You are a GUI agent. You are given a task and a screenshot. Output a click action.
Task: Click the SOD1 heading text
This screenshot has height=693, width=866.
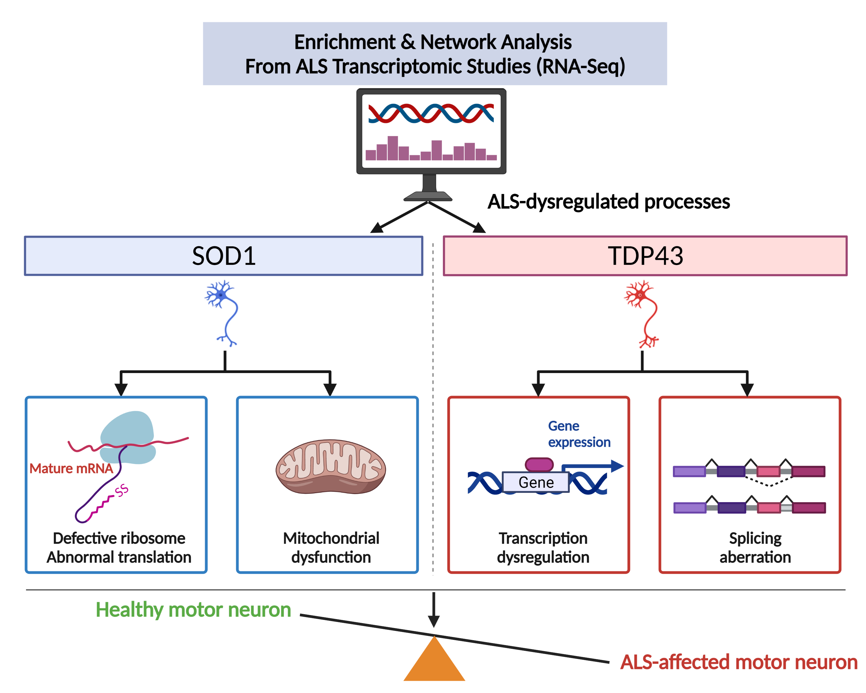point(223,256)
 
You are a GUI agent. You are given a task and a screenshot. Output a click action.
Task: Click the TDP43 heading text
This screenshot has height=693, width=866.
point(645,256)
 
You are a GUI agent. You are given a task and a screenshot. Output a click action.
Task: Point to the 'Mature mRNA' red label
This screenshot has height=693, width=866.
point(71,468)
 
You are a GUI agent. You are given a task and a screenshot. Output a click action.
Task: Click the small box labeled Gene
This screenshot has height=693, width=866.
point(536,482)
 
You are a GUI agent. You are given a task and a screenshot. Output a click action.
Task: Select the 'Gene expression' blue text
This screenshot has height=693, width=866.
point(578,434)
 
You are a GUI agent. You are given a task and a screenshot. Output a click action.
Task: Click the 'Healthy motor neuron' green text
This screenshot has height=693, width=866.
point(193,610)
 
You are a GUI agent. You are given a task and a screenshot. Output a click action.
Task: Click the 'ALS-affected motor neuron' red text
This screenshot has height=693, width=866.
point(738,662)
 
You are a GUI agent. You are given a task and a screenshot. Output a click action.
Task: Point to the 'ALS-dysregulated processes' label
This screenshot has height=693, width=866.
point(608,202)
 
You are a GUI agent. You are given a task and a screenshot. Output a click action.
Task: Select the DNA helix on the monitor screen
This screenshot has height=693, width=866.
point(431,113)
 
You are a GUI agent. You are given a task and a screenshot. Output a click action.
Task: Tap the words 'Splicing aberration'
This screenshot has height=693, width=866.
point(755,547)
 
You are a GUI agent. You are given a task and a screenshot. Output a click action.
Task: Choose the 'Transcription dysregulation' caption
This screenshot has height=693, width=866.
point(543,547)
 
